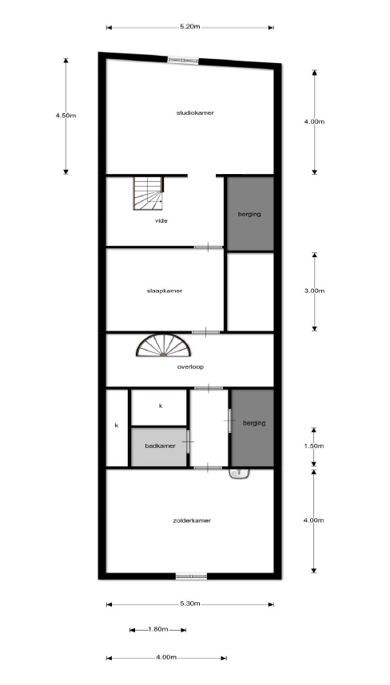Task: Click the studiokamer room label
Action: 195,113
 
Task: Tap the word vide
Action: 161,220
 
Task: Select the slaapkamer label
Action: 165,291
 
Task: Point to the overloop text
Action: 190,366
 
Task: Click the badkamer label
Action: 160,445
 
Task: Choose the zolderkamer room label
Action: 192,521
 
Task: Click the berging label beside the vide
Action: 249,214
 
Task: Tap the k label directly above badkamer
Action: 161,406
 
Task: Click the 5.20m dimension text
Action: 189,26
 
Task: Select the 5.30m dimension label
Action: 189,604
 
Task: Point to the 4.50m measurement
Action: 66,115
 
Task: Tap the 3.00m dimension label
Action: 314,291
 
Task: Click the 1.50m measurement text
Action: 314,446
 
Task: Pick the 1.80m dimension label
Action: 157,629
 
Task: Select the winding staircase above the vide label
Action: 148,192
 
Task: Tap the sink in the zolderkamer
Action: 239,473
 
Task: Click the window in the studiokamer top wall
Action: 183,61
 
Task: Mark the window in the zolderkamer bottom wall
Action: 191,576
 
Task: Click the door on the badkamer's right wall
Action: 189,442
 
